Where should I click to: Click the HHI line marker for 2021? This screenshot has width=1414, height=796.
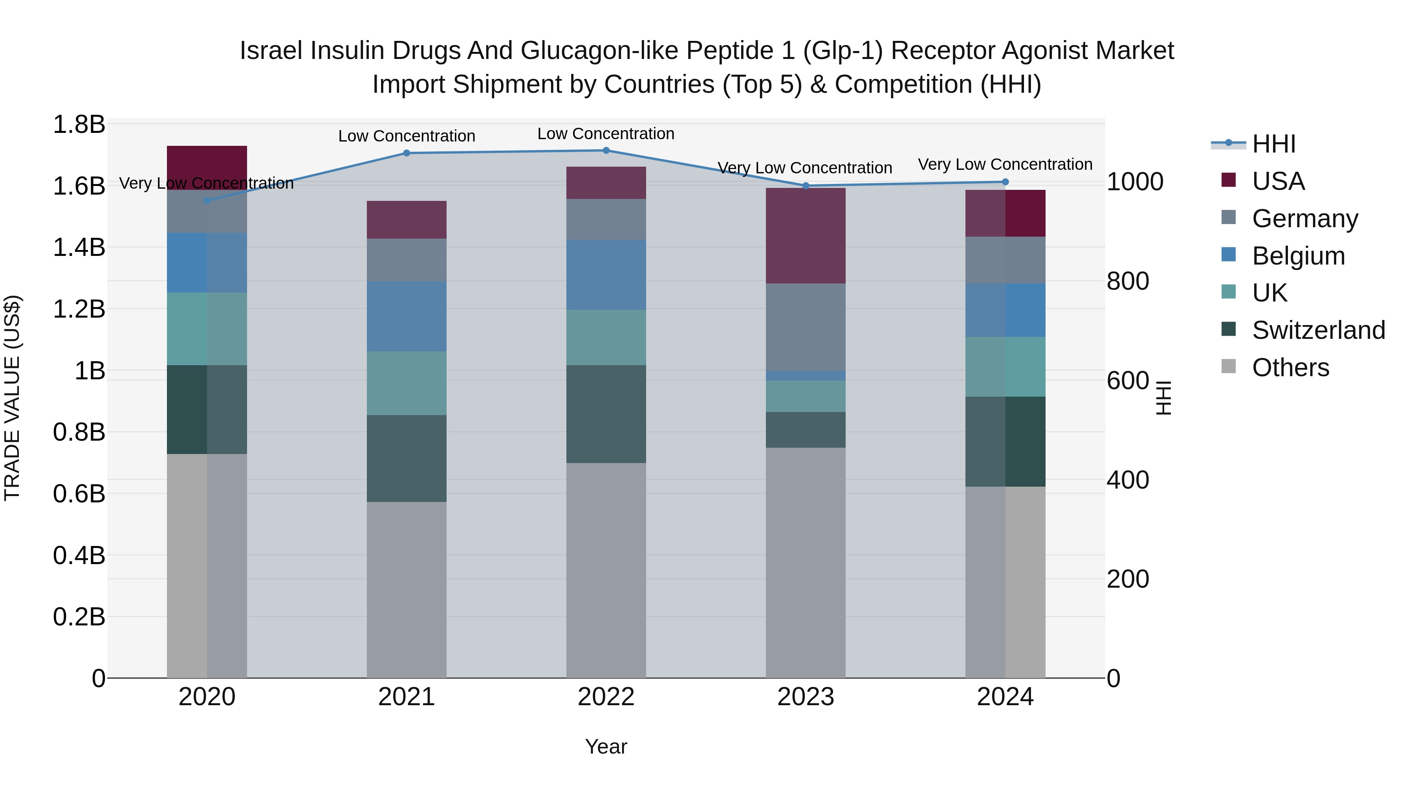[406, 153]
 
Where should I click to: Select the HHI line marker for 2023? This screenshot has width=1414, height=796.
[805, 186]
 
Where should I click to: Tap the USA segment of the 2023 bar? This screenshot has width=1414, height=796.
[805, 236]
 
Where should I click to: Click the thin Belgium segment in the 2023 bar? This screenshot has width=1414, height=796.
[805, 376]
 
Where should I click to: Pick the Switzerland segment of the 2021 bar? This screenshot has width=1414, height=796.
[406, 458]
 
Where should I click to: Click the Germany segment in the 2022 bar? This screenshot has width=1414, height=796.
[606, 219]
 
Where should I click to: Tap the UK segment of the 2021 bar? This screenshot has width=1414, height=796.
[406, 383]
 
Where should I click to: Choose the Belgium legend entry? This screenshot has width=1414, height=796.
[1298, 256]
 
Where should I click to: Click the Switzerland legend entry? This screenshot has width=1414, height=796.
[1318, 330]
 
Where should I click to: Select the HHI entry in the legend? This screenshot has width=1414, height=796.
[1273, 144]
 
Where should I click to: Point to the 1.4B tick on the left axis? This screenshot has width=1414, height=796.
[79, 247]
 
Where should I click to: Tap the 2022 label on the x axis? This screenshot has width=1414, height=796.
[606, 697]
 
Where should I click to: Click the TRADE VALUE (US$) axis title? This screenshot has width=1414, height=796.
[12, 398]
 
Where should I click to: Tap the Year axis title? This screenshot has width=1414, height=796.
[606, 746]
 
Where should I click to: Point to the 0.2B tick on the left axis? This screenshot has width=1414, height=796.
[79, 617]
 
